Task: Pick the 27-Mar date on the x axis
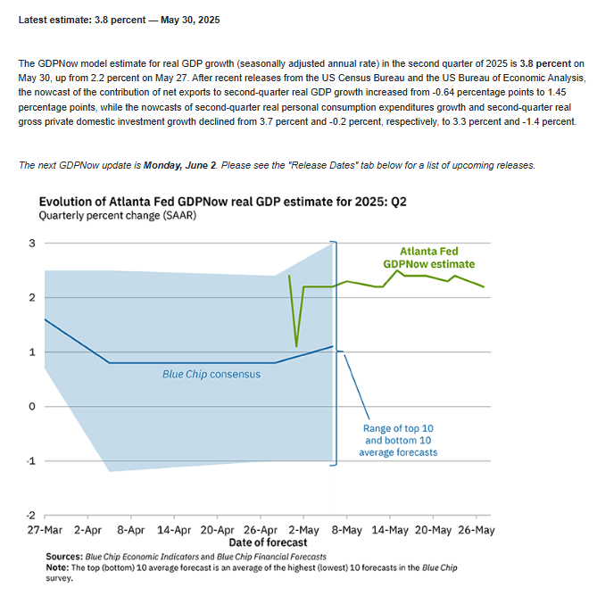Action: coord(45,530)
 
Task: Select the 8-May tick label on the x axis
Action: coord(347,530)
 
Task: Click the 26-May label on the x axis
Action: coord(477,530)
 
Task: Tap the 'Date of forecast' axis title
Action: coord(268,542)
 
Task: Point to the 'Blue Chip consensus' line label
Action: coord(211,374)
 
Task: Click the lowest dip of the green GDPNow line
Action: coord(296,346)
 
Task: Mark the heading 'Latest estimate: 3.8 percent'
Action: coord(119,20)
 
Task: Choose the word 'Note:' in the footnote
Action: coord(57,567)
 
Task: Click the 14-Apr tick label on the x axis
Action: coord(174,530)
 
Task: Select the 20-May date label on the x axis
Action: coord(434,530)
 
